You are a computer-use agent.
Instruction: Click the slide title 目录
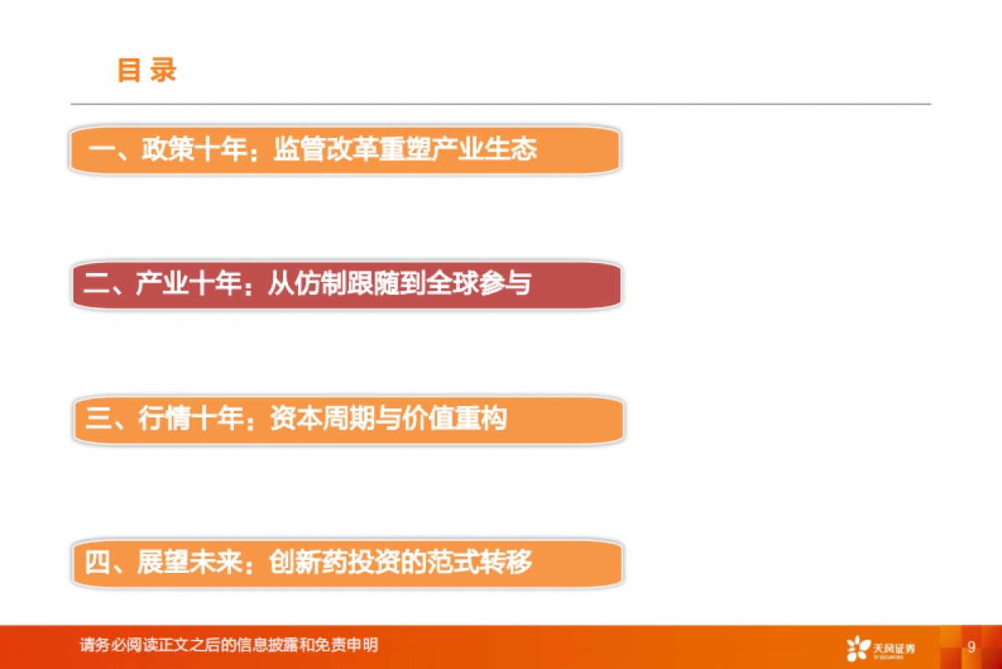point(147,70)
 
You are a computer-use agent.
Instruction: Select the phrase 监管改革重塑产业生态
point(405,150)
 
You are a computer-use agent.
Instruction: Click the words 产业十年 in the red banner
point(188,285)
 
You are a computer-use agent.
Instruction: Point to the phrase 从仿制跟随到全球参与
point(399,285)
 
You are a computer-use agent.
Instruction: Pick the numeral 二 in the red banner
point(98,285)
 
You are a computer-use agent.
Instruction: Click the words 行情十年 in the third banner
point(191,419)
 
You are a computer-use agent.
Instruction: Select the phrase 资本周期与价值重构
point(388,419)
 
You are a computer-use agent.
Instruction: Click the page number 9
point(971,647)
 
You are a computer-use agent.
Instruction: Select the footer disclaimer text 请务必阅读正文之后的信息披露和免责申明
point(229,646)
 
